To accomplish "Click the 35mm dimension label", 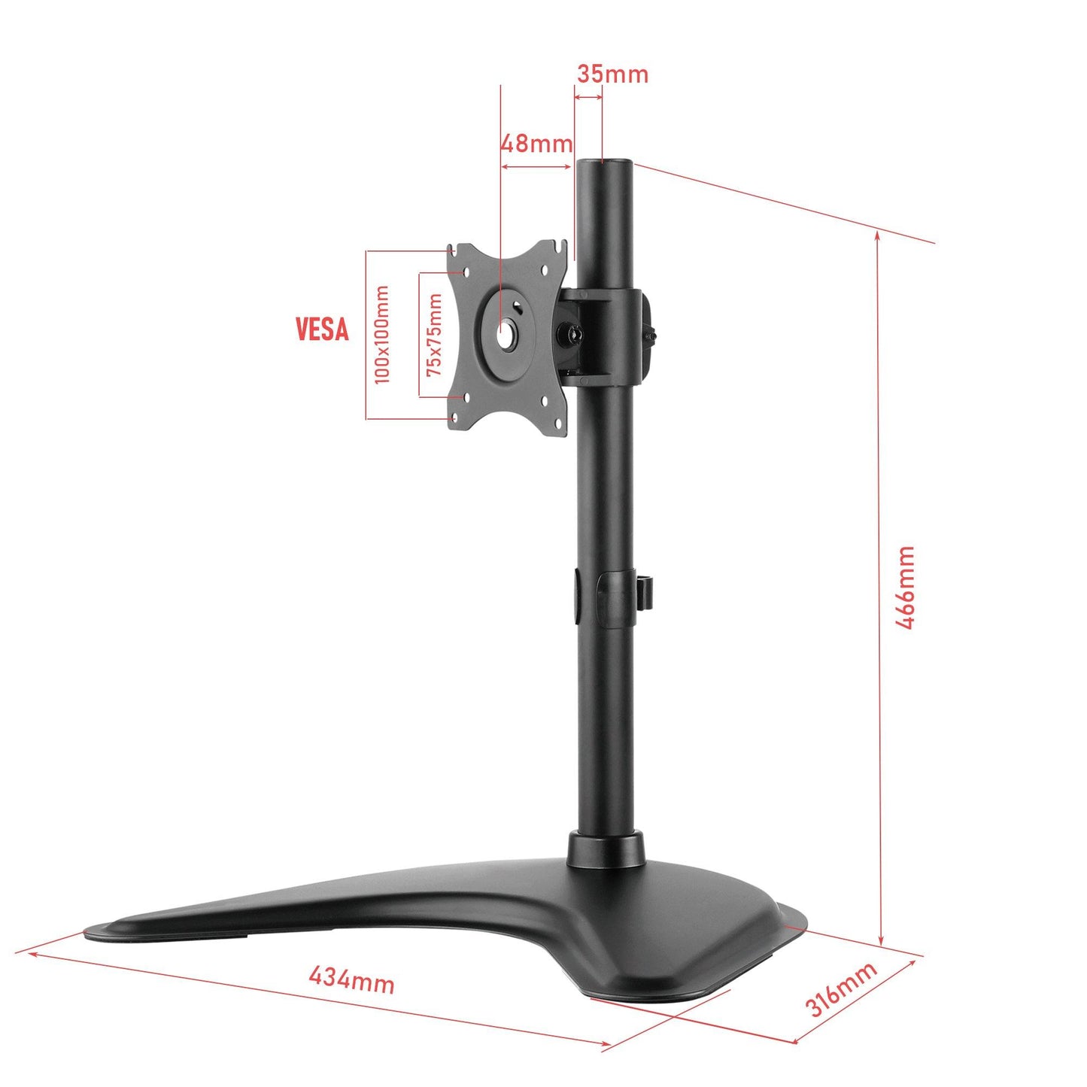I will (612, 74).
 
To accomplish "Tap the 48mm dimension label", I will (536, 143).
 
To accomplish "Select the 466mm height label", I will (905, 588).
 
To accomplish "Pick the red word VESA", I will (322, 329).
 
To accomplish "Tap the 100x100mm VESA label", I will (382, 334).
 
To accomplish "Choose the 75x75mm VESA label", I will (434, 335).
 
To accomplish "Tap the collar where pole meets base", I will (606, 849).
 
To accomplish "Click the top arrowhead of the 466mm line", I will (878, 235).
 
